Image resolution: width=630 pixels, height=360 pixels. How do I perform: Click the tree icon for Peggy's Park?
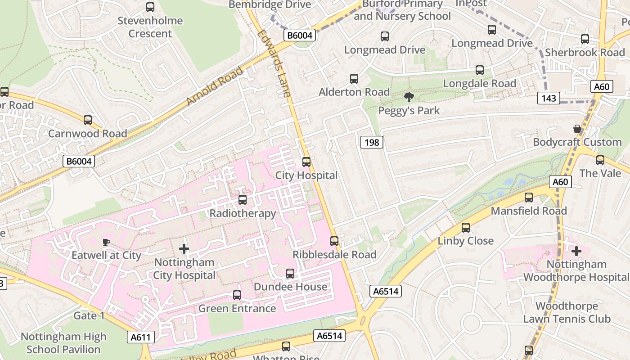click(409, 97)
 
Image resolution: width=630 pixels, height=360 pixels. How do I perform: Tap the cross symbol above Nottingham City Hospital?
click(184, 248)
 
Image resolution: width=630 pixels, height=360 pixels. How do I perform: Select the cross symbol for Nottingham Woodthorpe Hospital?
click(576, 251)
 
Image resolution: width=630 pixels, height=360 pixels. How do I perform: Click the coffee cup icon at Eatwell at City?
click(106, 242)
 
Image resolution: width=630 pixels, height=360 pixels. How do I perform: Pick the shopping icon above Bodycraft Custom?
click(577, 129)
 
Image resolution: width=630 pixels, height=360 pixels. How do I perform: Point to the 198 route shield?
click(372, 143)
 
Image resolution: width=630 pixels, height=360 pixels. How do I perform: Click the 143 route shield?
click(549, 98)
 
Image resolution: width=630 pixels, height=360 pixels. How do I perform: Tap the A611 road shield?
click(141, 337)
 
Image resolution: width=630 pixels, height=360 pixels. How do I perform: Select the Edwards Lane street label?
click(274, 63)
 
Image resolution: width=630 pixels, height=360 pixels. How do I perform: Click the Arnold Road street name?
click(214, 86)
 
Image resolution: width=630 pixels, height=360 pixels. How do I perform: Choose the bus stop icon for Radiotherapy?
click(243, 200)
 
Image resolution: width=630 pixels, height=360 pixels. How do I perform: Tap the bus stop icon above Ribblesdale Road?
click(334, 241)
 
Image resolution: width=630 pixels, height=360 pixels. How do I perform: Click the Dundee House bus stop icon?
click(290, 274)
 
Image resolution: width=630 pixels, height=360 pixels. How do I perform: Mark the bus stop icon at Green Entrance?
click(237, 295)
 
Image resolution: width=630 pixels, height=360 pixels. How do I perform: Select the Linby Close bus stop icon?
click(466, 228)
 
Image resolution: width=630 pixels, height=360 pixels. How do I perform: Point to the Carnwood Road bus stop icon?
click(88, 120)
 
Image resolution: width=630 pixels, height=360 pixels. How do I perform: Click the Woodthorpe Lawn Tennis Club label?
click(567, 313)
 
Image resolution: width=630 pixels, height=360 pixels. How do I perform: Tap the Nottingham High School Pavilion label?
click(63, 343)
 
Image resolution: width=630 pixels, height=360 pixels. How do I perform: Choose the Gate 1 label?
click(89, 315)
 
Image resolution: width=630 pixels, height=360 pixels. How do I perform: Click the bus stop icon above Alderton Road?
click(354, 79)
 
